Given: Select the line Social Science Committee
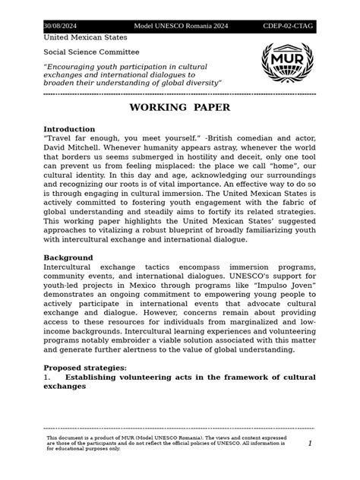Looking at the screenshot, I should (x=91, y=52).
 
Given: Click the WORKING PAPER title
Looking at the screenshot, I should (x=179, y=108).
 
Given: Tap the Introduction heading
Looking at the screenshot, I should (x=69, y=129).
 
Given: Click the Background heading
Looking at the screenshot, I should (x=68, y=258).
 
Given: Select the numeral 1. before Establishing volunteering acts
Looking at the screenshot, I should (x=47, y=377).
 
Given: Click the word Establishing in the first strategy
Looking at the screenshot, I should (x=94, y=377).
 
